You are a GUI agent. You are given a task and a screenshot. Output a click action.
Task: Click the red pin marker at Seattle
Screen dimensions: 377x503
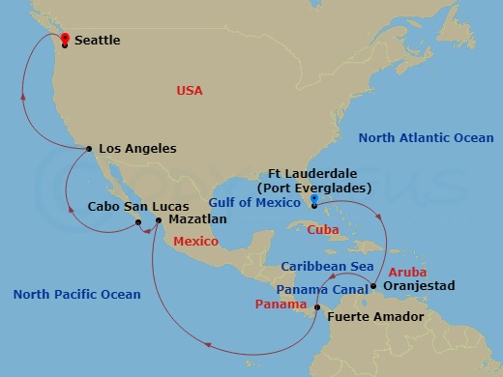coord(64,39)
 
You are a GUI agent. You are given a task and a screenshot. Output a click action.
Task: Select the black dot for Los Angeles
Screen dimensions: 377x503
coord(89,149)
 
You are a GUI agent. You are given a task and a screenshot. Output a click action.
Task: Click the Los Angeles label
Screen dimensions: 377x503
coord(137,149)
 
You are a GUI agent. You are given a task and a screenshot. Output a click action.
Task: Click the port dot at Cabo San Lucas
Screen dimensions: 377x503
coord(138,222)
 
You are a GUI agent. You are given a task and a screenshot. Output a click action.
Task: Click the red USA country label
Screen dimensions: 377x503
coord(189,90)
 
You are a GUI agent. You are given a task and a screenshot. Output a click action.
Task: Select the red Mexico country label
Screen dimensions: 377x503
coord(196,241)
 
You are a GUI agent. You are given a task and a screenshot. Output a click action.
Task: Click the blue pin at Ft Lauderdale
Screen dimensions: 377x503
coord(313,203)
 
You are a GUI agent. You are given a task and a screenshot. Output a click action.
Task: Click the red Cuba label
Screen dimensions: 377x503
coord(322,229)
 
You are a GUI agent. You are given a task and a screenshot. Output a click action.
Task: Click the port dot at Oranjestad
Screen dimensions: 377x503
coord(373,286)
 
